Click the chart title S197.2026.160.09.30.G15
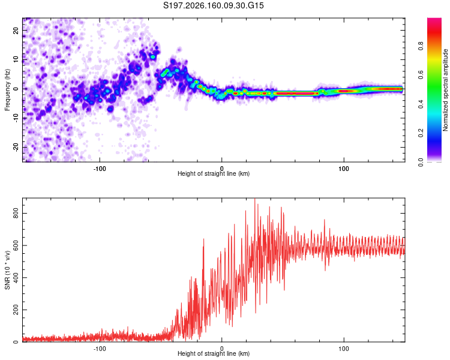[x=213, y=5]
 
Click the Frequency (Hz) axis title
[x=7, y=90]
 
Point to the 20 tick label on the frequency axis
[x=16, y=31]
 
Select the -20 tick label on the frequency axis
[x=16, y=147]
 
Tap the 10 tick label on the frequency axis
[x=16, y=59]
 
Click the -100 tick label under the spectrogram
[x=100, y=169]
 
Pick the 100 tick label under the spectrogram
[x=344, y=169]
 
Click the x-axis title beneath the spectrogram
[x=214, y=173]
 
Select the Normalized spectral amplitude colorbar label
[x=445, y=90]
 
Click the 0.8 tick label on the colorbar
[x=421, y=46]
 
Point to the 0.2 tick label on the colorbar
[x=421, y=133]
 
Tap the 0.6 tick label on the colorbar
[x=421, y=75]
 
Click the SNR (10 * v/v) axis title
[x=7, y=270]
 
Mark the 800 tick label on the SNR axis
[x=16, y=214]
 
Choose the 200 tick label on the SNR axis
[x=16, y=310]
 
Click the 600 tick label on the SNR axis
[x=16, y=245]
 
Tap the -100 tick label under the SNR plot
[x=100, y=349]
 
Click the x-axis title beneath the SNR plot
[x=214, y=353]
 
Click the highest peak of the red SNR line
[x=254, y=199]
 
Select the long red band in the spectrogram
[x=297, y=94]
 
